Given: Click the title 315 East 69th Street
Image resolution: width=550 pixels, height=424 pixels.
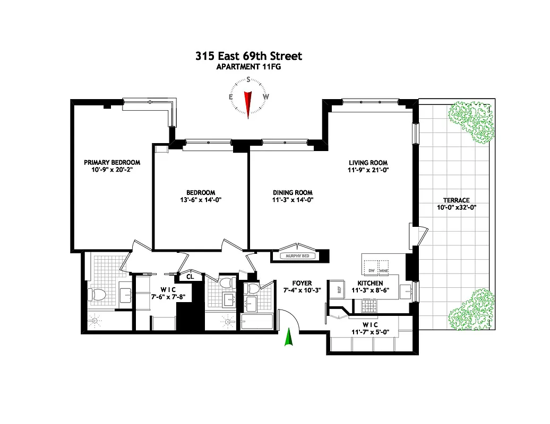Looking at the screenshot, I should pos(248,56).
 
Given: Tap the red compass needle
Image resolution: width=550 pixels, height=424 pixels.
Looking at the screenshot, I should pos(247,103).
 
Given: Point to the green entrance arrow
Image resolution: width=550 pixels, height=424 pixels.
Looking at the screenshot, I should pos(289,337).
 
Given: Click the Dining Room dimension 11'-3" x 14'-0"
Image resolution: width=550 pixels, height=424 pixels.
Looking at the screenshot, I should pos(293,201).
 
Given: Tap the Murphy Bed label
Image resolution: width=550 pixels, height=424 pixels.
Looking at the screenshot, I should pos(294,257).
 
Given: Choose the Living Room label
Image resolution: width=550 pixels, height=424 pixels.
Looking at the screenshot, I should pos(368,163).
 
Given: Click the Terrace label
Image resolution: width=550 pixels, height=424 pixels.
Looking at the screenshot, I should pos(457,200).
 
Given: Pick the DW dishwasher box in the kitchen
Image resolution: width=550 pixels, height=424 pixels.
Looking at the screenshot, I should pos(371,270).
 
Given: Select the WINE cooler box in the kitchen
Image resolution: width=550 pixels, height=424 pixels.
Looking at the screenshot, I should pos(384,270).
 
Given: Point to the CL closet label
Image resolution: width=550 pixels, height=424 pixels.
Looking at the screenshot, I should pos(190,276).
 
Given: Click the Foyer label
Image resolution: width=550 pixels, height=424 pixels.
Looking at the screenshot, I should pos(302,284).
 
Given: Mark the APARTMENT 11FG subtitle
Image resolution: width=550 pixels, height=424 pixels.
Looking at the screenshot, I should pos(248,67).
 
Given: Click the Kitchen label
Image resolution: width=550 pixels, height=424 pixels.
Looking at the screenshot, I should pos(370,284).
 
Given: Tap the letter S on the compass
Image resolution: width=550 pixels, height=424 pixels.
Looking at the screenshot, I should pos(248,79).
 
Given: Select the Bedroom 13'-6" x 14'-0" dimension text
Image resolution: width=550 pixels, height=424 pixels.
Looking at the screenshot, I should pos(200,200).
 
